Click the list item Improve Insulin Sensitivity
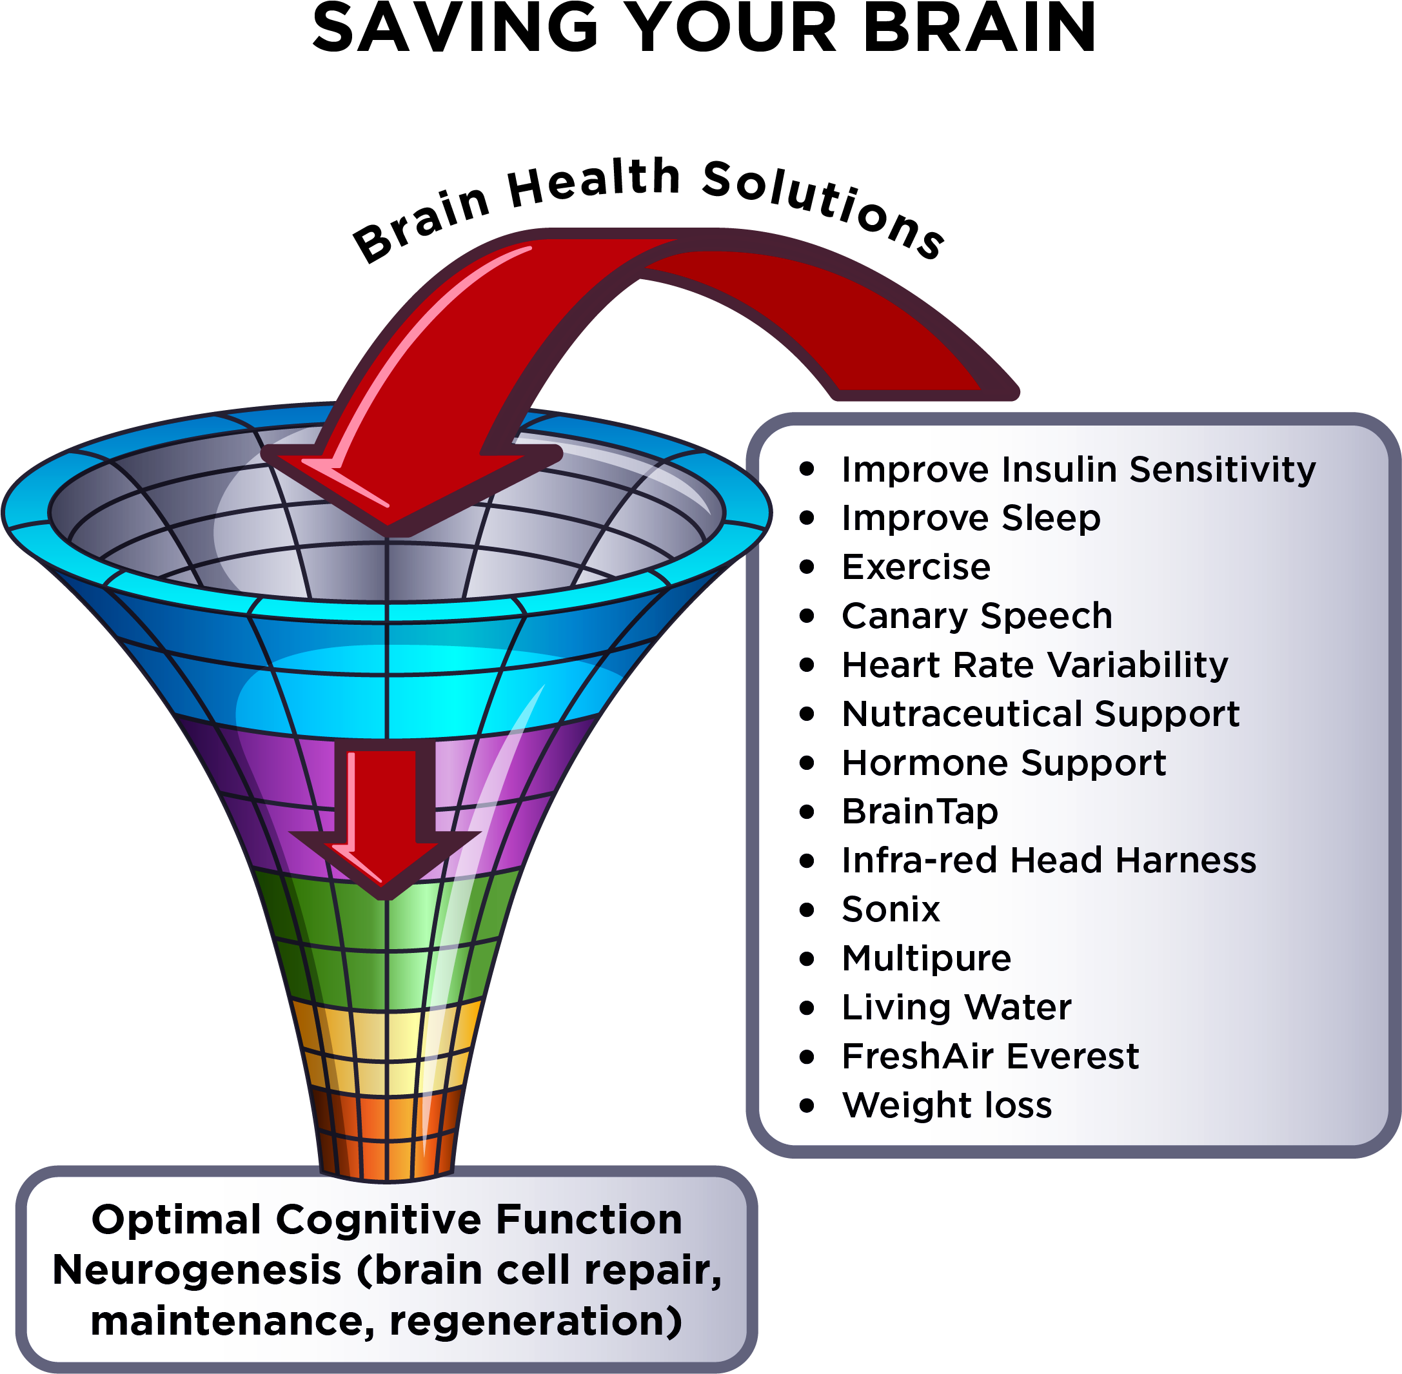pyautogui.click(x=1078, y=470)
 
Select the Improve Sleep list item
pyautogui.click(x=971, y=518)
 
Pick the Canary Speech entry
pyautogui.click(x=977, y=616)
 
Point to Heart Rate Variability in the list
pyautogui.click(x=1034, y=665)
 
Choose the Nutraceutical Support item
pyautogui.click(x=1040, y=714)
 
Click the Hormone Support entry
pyautogui.click(x=1003, y=763)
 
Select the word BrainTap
pyautogui.click(x=920, y=811)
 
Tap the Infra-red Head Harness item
pyautogui.click(x=1048, y=860)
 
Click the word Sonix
pyautogui.click(x=891, y=909)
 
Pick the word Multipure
pyautogui.click(x=926, y=958)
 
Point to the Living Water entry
pyautogui.click(x=956, y=1007)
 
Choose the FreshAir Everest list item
pyautogui.click(x=990, y=1057)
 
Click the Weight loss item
pyautogui.click(x=947, y=1106)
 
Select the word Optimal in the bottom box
pyautogui.click(x=176, y=1221)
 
